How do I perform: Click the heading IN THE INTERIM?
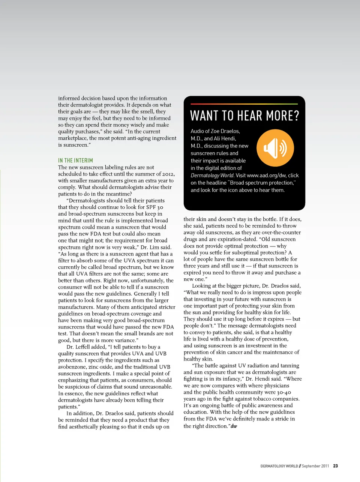coord(75,161)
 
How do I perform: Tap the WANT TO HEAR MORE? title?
coord(244,116)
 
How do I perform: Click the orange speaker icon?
coord(275,148)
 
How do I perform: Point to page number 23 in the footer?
coord(335,466)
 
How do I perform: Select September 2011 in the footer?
coord(315,466)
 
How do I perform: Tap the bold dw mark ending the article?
coord(234,426)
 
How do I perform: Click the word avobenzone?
coord(71,367)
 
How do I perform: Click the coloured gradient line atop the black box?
coord(244,104)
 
